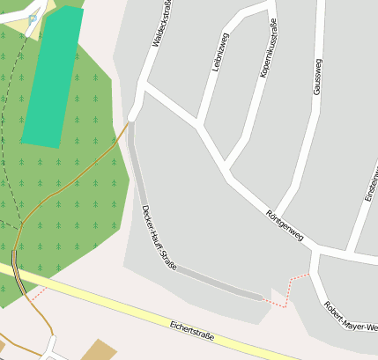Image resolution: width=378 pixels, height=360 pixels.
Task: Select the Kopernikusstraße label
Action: coord(268,48)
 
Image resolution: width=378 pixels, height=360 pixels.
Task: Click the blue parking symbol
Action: coord(33,18)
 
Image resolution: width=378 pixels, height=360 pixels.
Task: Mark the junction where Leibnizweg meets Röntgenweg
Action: coord(202,126)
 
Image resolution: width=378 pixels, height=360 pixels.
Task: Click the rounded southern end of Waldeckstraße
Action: coord(133,114)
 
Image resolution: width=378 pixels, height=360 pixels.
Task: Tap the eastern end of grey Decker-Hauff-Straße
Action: coord(262,298)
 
